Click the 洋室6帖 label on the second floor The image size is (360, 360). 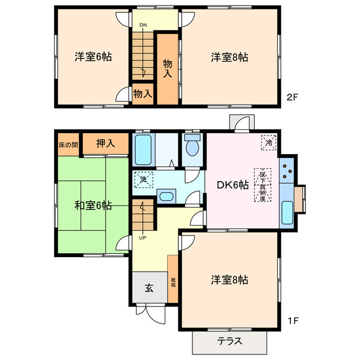[x=93, y=57]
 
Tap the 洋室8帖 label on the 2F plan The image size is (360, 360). [x=230, y=57]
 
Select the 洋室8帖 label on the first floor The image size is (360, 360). [x=230, y=280]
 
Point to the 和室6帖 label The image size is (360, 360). [x=93, y=206]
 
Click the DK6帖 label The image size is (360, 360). [x=233, y=185]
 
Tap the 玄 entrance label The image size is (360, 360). [x=149, y=289]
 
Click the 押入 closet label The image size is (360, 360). [x=105, y=143]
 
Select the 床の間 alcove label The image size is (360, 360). [x=68, y=145]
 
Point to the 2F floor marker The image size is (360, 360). [x=292, y=97]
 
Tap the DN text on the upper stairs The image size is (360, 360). [x=143, y=25]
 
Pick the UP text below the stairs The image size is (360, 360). [x=142, y=237]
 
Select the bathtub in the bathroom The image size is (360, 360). [x=144, y=149]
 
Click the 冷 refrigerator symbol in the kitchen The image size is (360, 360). [x=269, y=143]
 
